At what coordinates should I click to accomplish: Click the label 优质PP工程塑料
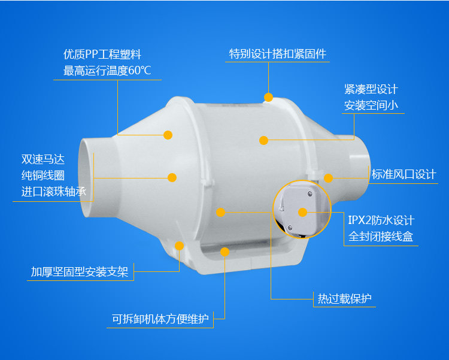102,55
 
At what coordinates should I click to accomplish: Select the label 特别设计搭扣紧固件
278,54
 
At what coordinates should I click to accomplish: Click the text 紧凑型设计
371,89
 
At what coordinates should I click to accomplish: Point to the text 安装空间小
371,105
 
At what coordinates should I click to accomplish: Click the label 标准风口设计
404,174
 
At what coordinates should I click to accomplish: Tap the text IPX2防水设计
381,220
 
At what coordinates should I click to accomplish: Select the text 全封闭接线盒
381,237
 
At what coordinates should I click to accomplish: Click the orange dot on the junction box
302,212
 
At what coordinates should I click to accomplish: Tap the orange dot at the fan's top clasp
268,97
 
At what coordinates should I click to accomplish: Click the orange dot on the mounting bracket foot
179,246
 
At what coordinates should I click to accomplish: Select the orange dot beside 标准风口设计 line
328,177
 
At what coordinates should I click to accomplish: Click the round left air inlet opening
89,180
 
